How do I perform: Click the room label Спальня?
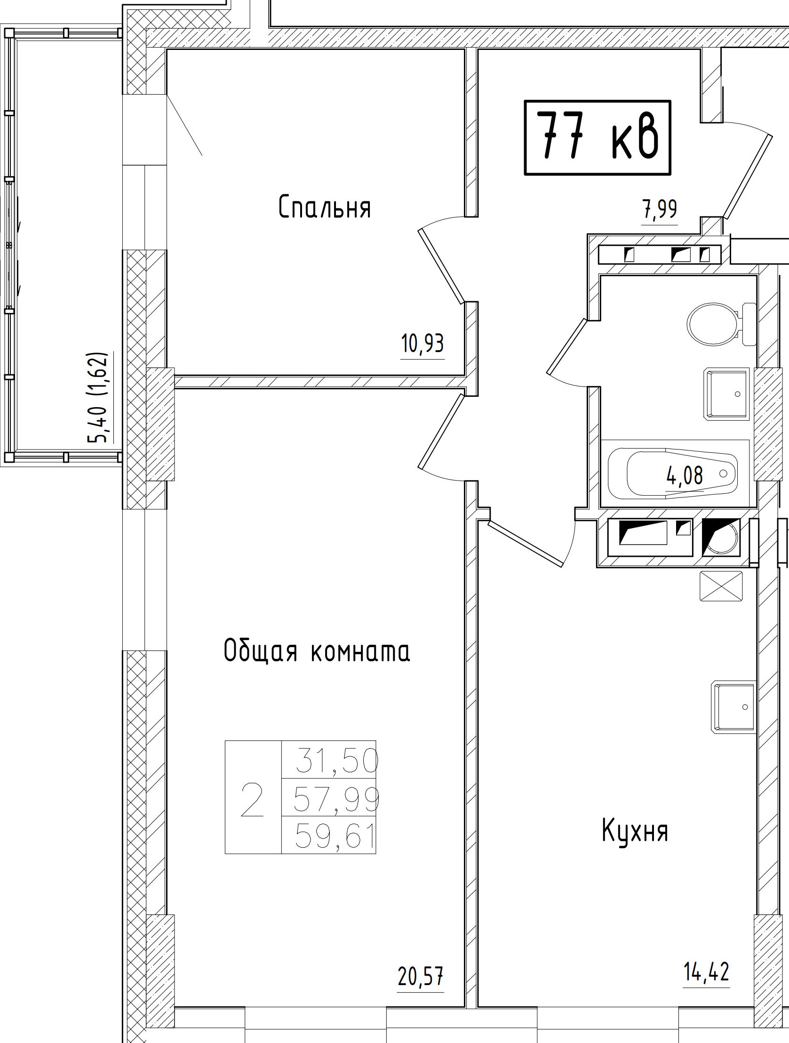click(324, 208)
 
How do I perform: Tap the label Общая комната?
click(317, 651)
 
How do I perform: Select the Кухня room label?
click(635, 830)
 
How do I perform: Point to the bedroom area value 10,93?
click(422, 344)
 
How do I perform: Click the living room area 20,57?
click(421, 976)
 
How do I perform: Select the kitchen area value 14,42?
click(707, 972)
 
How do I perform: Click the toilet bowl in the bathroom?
click(713, 324)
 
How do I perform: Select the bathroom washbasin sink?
click(726, 394)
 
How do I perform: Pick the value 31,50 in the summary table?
click(337, 762)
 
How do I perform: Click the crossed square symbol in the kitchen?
click(721, 586)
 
